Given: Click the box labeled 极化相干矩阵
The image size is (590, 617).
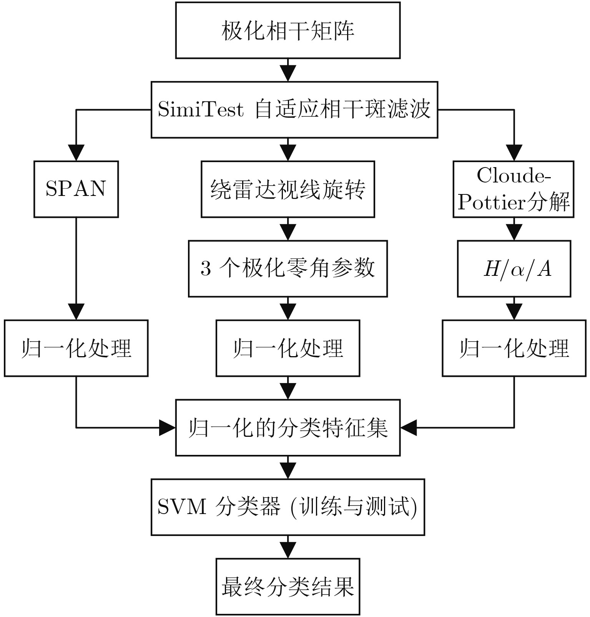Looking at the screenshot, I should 288,30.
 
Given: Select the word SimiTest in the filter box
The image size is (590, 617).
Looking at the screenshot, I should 201,110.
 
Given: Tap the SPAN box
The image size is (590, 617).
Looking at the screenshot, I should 76,189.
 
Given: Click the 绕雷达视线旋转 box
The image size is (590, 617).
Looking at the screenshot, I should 288,189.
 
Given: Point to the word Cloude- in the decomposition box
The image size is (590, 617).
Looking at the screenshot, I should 514,176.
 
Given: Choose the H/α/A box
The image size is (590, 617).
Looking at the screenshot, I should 514,269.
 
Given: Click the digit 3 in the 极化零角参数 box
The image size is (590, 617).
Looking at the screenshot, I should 206,269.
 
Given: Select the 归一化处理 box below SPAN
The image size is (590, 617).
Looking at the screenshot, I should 76,348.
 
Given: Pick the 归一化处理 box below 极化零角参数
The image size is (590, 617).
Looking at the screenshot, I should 288,348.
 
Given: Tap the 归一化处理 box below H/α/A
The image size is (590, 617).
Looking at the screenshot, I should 514,348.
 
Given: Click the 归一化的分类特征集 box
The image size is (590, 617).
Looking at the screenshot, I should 288,428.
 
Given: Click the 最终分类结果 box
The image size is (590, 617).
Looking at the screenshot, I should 288,587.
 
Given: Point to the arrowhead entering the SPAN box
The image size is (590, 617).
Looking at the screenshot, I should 76,152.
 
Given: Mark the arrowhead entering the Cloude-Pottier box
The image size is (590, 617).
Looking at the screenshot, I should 514,152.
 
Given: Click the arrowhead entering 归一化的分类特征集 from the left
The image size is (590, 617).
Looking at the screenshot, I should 168,428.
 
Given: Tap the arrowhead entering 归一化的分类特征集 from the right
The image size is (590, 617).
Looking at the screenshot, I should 409,428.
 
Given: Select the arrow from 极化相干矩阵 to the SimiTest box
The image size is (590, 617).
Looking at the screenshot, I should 288,70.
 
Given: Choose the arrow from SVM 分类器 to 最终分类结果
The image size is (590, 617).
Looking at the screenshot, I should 288,547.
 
